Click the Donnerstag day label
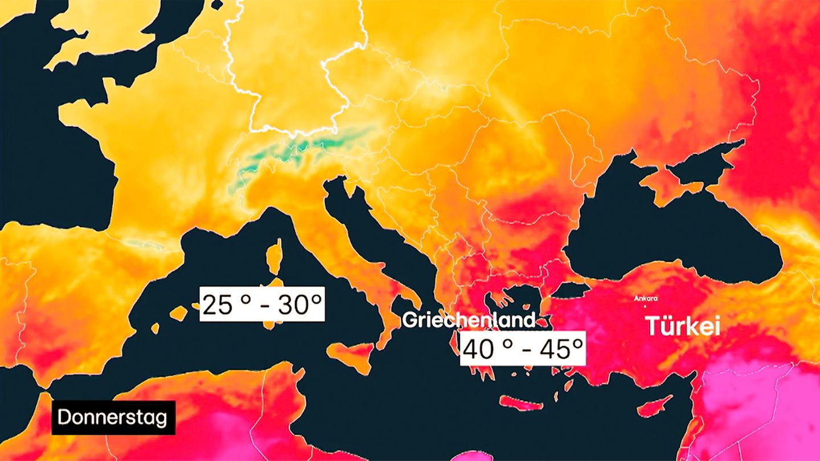pos(113,418)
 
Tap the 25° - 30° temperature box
pos(262,304)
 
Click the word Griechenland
pos(469,320)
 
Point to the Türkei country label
pos(682,327)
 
